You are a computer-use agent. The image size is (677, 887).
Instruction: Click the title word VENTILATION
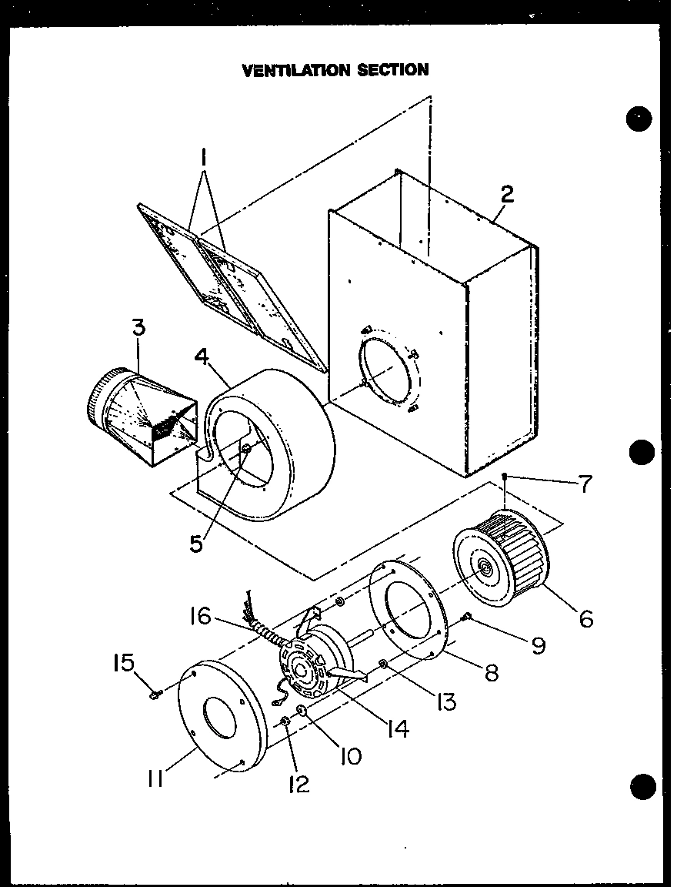(295, 70)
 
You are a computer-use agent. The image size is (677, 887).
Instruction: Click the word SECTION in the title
(392, 70)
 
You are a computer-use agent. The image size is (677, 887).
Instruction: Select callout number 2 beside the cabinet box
(506, 194)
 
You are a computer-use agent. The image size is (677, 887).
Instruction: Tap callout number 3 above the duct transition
(138, 327)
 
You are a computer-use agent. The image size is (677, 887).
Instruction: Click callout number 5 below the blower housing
(197, 542)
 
